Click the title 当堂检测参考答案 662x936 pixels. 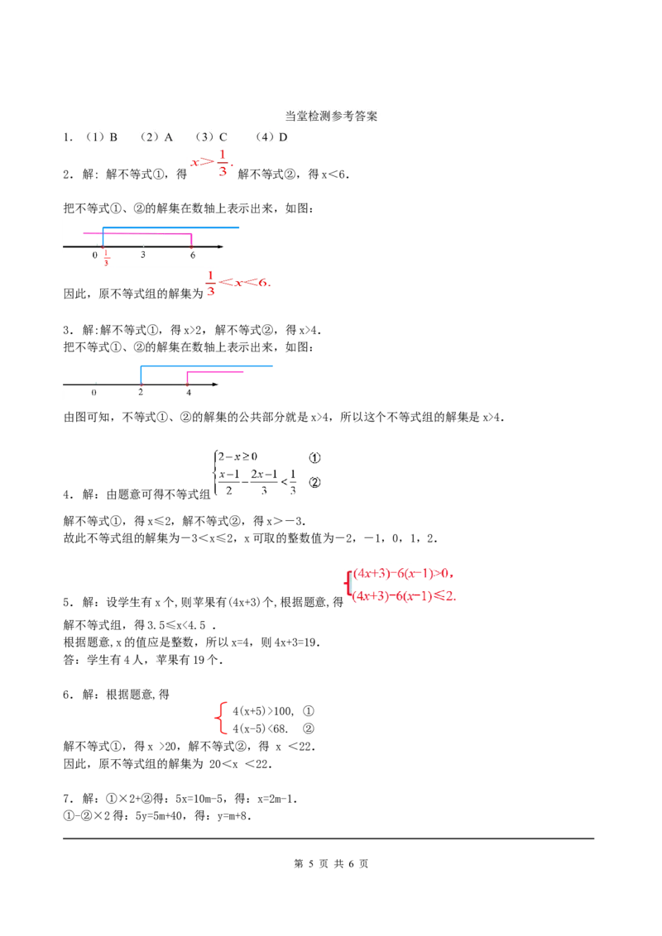point(331,117)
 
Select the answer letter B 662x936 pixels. point(113,137)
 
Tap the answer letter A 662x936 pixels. point(168,137)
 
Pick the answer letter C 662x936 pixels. point(223,137)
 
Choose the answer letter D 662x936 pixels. point(283,137)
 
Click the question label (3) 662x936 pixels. point(204,137)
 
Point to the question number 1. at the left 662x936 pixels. point(67,137)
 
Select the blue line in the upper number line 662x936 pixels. point(172,227)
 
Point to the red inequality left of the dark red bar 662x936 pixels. point(238,283)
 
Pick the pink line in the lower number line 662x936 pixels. point(215,373)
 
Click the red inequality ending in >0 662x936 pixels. point(404,574)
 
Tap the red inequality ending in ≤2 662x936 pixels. point(404,595)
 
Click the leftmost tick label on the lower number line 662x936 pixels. point(94,393)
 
